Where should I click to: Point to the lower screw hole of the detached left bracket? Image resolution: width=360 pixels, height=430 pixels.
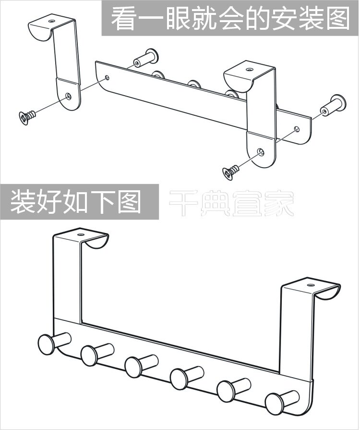(x=70, y=95)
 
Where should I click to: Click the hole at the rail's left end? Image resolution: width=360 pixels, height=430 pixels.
(x=107, y=77)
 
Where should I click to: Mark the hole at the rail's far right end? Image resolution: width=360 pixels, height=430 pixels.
(x=297, y=129)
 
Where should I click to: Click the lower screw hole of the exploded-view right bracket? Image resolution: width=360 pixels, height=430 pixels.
(x=261, y=151)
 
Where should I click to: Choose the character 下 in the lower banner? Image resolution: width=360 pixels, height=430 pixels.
(x=102, y=202)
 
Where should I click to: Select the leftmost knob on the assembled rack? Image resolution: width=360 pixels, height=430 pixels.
(x=47, y=344)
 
